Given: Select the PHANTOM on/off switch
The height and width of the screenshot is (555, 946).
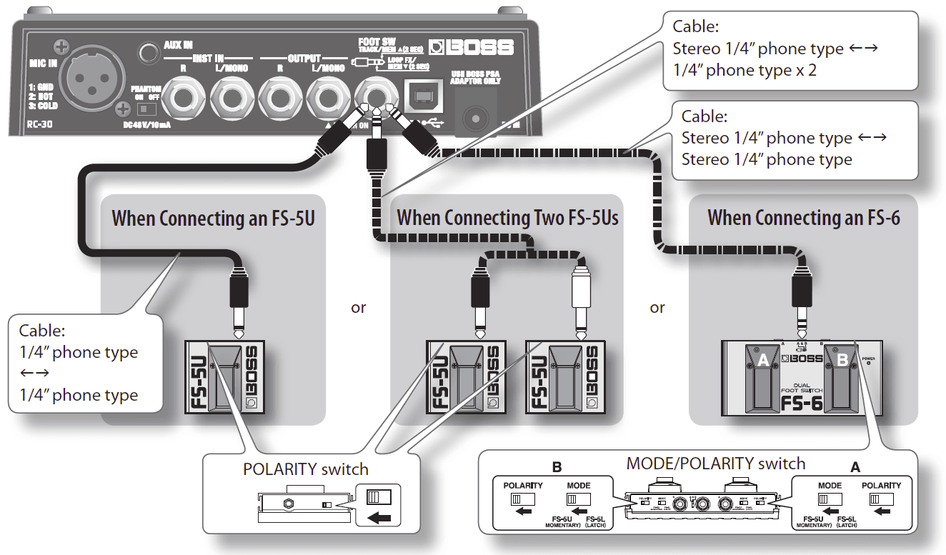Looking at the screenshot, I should click(146, 109).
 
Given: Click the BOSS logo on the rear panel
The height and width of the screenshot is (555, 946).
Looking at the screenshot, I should click(471, 47).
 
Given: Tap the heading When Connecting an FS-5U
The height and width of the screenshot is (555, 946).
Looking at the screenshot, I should click(213, 217).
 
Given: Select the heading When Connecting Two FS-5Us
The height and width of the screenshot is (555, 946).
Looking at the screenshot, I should click(507, 217).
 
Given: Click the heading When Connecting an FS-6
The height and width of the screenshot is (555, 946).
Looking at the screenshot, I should click(803, 217).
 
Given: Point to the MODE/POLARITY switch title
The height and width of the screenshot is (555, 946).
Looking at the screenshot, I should click(715, 464).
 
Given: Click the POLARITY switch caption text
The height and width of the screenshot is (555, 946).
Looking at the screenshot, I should click(306, 469).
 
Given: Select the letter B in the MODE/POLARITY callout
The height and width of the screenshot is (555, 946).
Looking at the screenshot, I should click(557, 467).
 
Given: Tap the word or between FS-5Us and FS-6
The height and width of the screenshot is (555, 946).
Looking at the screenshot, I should click(657, 307).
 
